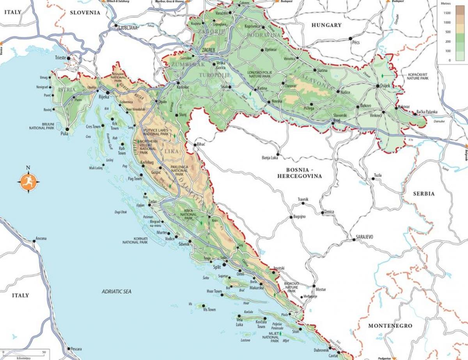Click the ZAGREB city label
pyautogui.click(x=209, y=50)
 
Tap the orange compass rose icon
pyautogui.click(x=28, y=182)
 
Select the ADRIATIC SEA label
pyautogui.click(x=117, y=291)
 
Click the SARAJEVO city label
pyautogui.click(x=365, y=236)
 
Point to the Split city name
pyautogui.click(x=216, y=267)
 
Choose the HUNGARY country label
pyautogui.click(x=326, y=25)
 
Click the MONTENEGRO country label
pyautogui.click(x=390, y=325)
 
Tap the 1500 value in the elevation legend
pyautogui.click(x=447, y=13)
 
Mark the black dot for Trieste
pyautogui.click(x=69, y=58)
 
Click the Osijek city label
pyautogui.click(x=384, y=86)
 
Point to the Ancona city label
pyautogui.click(x=41, y=238)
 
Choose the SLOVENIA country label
pyautogui.click(x=85, y=12)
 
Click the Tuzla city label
pyautogui.click(x=378, y=175)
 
